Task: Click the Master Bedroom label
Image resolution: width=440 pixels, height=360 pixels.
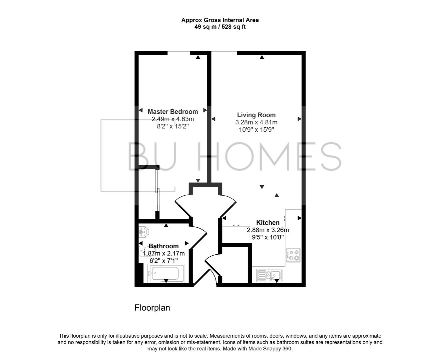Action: (173, 112)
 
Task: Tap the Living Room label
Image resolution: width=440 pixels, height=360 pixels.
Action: (256, 115)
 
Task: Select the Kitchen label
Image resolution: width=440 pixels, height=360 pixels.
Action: (268, 223)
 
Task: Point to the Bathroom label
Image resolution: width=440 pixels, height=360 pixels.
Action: (164, 246)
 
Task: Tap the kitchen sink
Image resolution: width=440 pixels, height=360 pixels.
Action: (269, 275)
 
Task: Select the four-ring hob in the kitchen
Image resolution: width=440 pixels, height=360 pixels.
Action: (293, 255)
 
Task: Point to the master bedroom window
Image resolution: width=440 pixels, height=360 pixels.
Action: (179, 53)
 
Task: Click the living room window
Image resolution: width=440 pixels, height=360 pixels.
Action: (224, 53)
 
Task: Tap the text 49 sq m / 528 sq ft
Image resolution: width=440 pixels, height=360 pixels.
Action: (220, 27)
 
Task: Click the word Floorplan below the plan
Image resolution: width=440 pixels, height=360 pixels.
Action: (152, 308)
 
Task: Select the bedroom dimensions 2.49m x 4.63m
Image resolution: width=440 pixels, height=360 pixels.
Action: (173, 119)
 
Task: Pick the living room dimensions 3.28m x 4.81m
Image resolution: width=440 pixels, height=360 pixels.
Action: (256, 122)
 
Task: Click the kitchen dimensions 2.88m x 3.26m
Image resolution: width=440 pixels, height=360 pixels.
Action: (268, 230)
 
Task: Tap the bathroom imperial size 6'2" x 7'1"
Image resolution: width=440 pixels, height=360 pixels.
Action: (164, 260)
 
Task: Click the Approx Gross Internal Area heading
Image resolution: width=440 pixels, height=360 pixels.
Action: (220, 20)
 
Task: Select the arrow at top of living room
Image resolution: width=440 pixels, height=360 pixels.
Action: (262, 57)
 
